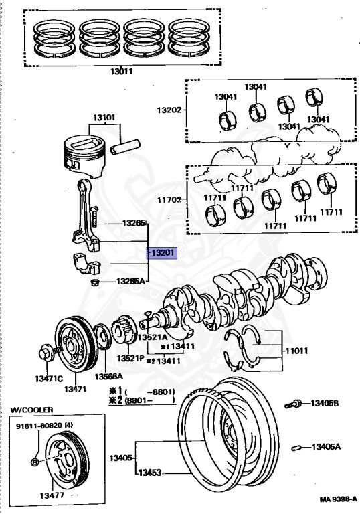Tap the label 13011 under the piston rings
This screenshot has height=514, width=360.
[x=121, y=71]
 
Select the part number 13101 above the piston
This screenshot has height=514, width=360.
[x=104, y=117]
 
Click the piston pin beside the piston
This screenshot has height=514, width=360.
[x=125, y=147]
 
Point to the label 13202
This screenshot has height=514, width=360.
[x=169, y=110]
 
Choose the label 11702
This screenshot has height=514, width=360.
[x=169, y=199]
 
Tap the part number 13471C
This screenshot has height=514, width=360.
[x=49, y=379]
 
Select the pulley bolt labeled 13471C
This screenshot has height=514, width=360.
[x=48, y=353]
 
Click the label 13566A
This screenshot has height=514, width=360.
[x=109, y=377]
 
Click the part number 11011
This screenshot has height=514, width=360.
[x=296, y=351]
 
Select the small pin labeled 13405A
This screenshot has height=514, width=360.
[x=296, y=448]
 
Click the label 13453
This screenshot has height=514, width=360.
[x=150, y=473]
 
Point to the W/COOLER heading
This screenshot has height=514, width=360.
[x=32, y=410]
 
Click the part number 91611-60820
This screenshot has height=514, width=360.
[x=39, y=426]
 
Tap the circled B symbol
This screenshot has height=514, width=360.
[x=35, y=462]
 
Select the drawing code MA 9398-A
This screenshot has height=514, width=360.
[x=339, y=499]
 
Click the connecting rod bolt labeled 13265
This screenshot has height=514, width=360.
[x=94, y=216]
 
